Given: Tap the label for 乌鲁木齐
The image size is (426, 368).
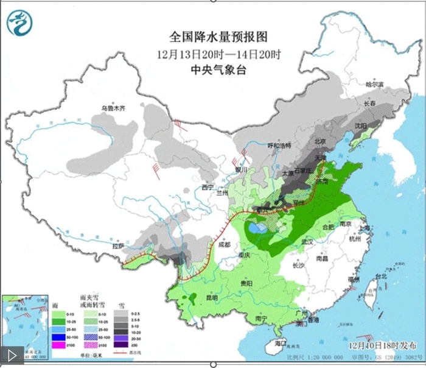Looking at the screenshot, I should [113, 109].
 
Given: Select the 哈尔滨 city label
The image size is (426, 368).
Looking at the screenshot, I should [375, 84].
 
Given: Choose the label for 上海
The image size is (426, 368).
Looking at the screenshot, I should [365, 228].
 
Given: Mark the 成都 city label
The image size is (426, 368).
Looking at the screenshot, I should [223, 245].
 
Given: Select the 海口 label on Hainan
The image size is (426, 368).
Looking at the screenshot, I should [280, 344].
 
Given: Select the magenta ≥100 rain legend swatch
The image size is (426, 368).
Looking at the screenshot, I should [58, 345].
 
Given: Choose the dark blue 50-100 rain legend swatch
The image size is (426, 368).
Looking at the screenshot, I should [58, 336].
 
